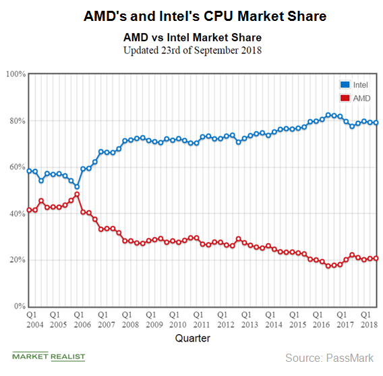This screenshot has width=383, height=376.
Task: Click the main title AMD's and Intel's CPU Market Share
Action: click(192, 14)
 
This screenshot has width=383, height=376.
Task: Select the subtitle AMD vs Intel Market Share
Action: click(192, 37)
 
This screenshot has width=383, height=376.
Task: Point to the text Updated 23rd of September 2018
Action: click(192, 50)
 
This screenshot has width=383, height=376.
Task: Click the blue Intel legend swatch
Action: click(345, 85)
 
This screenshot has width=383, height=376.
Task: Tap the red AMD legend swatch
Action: click(345, 98)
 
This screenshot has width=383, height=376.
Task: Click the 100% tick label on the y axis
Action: click(15, 74)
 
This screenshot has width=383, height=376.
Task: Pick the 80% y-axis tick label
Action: click(17, 121)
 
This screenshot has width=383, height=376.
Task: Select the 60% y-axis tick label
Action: click(17, 167)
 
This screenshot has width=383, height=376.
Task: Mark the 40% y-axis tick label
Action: click(17, 214)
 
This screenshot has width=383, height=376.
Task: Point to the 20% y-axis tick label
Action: click(17, 261)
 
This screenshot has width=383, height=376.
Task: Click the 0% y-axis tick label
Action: click(19, 307)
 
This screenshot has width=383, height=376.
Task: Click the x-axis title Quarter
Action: click(192, 338)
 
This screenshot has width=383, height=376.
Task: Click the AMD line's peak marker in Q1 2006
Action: click(77, 194)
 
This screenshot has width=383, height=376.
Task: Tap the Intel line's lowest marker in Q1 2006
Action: click(77, 186)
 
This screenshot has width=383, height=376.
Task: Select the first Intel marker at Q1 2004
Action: click(29, 171)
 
